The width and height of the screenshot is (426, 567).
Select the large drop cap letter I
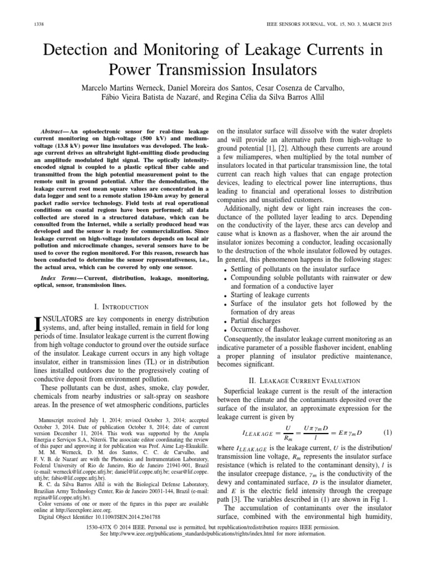pos(38,322)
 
